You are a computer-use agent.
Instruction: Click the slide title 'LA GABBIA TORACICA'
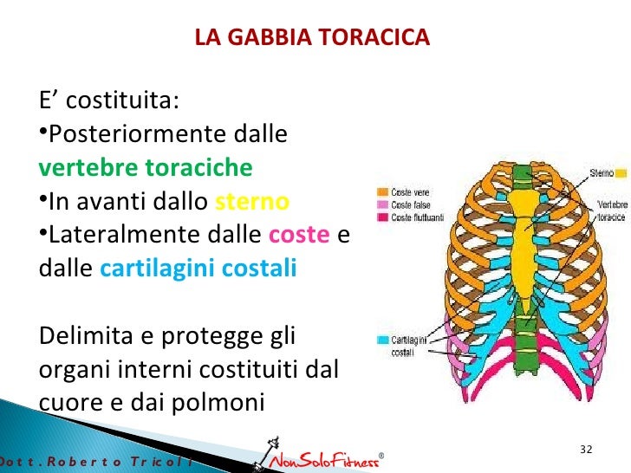312,39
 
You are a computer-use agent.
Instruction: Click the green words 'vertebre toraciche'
146,167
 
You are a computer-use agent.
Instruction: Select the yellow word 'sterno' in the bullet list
251,202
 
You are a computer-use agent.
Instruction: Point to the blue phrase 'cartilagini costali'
198,269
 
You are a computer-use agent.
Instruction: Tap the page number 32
586,448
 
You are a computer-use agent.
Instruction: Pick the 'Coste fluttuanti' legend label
417,218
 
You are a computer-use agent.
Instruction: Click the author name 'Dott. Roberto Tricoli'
95,460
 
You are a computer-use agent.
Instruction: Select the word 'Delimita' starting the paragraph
76,336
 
